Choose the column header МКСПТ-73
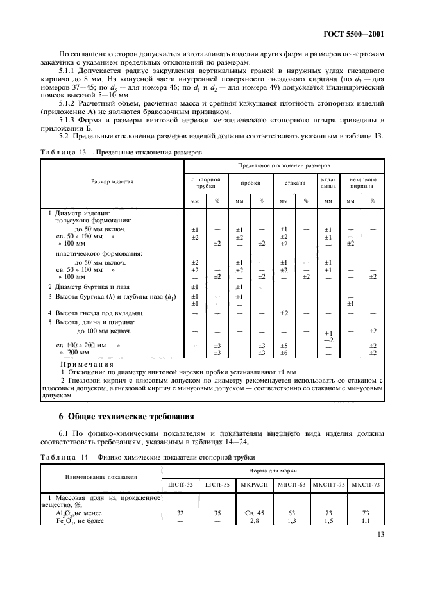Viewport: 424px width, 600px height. click(x=328, y=483)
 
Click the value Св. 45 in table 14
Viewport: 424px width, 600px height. click(x=253, y=513)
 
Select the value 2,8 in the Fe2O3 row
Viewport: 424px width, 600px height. click(x=253, y=520)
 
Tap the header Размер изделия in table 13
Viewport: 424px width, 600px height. click(x=112, y=181)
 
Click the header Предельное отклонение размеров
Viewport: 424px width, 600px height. click(x=284, y=165)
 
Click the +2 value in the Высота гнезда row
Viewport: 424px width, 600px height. click(x=285, y=313)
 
